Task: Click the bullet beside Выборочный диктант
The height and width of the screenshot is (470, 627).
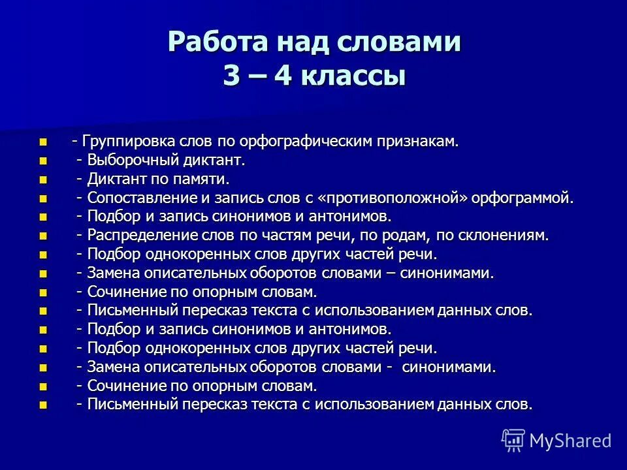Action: (x=44, y=161)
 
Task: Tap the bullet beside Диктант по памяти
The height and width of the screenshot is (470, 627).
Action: (x=44, y=180)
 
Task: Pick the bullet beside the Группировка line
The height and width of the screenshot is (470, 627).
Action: (x=44, y=142)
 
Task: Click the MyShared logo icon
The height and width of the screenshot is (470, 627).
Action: (x=513, y=440)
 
